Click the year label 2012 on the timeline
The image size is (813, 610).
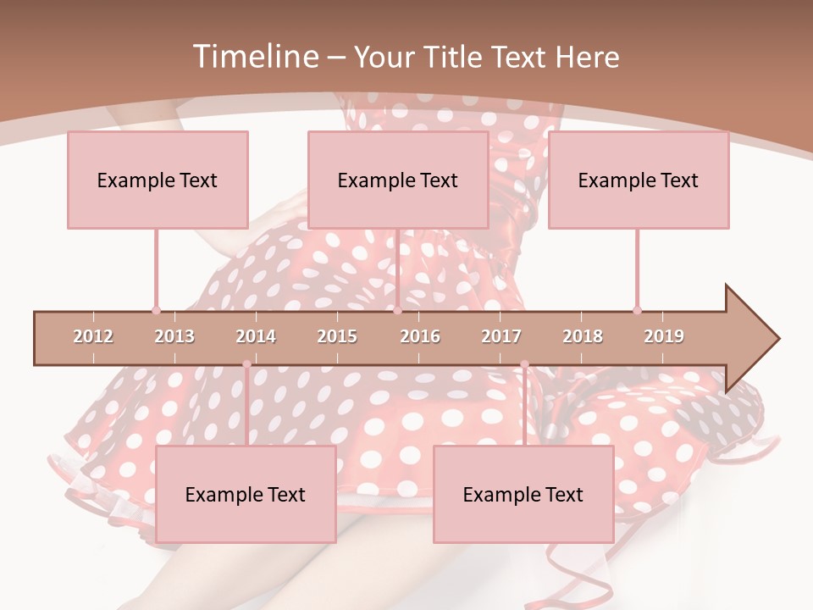(93, 336)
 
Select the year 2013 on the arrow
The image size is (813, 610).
(174, 336)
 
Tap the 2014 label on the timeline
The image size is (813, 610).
(256, 336)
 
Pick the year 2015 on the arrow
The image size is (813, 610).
(337, 336)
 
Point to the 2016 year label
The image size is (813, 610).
(420, 336)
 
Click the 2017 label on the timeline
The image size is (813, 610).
(501, 336)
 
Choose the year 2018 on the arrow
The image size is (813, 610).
(583, 336)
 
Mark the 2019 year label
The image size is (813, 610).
(664, 336)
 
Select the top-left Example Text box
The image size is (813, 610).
(158, 180)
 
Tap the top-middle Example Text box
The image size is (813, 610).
(398, 180)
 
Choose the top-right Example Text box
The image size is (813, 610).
(639, 180)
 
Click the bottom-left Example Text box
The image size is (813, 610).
(246, 494)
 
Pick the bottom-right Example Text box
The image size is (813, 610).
(523, 494)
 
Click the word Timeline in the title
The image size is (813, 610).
(254, 57)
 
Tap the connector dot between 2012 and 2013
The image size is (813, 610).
(156, 310)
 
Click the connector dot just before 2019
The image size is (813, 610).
(637, 310)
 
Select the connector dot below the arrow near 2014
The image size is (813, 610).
(246, 364)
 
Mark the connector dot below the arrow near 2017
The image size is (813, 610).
(524, 364)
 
